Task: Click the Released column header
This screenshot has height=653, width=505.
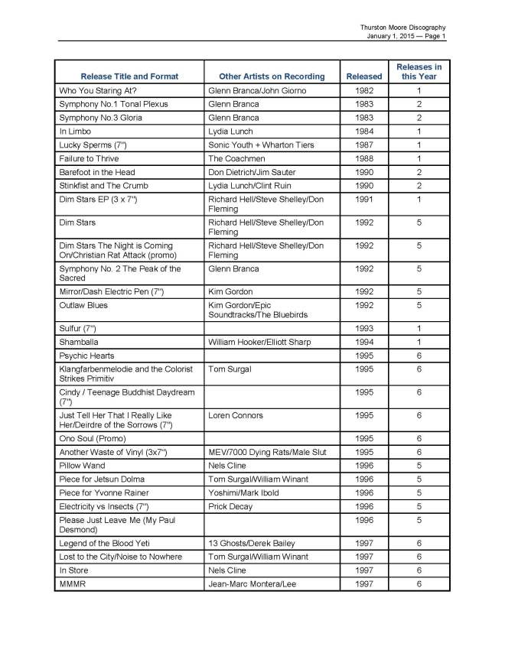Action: pyautogui.click(x=363, y=76)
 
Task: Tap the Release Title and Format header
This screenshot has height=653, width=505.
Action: pyautogui.click(x=129, y=76)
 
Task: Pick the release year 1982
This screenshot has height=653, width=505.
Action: pyautogui.click(x=363, y=91)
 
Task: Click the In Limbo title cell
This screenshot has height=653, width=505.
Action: pyautogui.click(x=76, y=132)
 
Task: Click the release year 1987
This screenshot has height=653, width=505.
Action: pyautogui.click(x=363, y=145)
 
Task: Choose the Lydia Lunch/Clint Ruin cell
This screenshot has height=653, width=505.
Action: pyautogui.click(x=249, y=186)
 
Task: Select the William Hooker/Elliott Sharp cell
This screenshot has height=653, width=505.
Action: pyautogui.click(x=257, y=343)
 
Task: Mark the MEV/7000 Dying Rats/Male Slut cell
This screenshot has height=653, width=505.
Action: pyautogui.click(x=267, y=453)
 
